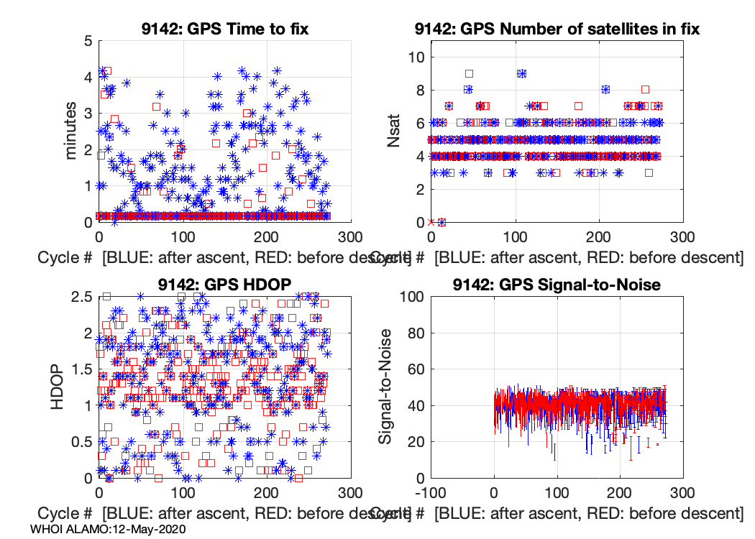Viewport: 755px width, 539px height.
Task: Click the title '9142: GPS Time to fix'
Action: (224, 29)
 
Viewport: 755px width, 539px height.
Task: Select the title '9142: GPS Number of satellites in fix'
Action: (557, 29)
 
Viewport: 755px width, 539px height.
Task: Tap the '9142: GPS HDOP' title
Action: (224, 284)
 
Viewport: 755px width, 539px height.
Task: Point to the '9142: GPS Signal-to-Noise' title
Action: (557, 285)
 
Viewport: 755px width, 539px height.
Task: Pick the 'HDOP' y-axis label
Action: (60, 387)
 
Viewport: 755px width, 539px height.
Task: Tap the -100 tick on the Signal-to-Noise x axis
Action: (431, 492)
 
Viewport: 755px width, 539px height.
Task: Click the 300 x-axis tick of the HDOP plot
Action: (350, 492)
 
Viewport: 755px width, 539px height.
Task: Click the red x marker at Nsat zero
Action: (431, 222)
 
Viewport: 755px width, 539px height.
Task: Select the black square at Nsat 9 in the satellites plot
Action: (469, 73)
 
